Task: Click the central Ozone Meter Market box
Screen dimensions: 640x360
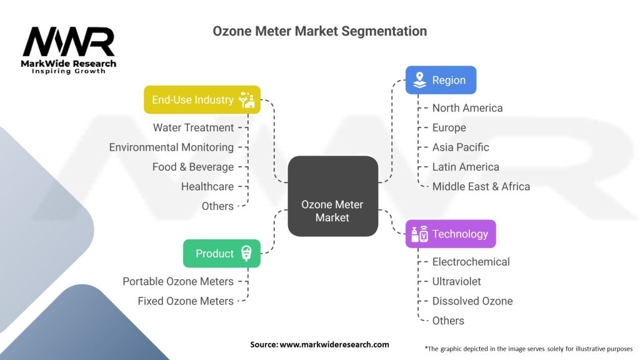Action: coord(332,196)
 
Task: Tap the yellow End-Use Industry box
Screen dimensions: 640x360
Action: coord(202,99)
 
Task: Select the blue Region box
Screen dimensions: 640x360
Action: coord(441,80)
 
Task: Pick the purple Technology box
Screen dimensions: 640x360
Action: coord(451,234)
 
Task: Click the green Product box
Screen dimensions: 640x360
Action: coord(221,253)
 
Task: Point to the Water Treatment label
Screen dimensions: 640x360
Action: coord(194,127)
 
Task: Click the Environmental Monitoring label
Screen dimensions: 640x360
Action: coord(171,147)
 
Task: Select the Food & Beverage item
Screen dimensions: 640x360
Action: coord(193,167)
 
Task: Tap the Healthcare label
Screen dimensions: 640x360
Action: coord(207,186)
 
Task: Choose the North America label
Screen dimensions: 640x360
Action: coord(467,108)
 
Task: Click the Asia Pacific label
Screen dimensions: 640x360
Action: coord(461,147)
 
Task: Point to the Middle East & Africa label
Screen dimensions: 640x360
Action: coord(481,186)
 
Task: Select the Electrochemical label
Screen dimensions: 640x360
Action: coord(471,262)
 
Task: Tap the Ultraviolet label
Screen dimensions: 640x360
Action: coord(457,281)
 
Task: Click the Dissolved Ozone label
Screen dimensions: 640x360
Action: coord(472,301)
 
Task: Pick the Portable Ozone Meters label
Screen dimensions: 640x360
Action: coord(178,281)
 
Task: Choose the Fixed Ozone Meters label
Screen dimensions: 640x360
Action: coord(186,301)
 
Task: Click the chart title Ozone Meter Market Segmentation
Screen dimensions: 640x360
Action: coord(320,31)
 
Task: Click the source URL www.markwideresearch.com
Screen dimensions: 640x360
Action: coord(334,344)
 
